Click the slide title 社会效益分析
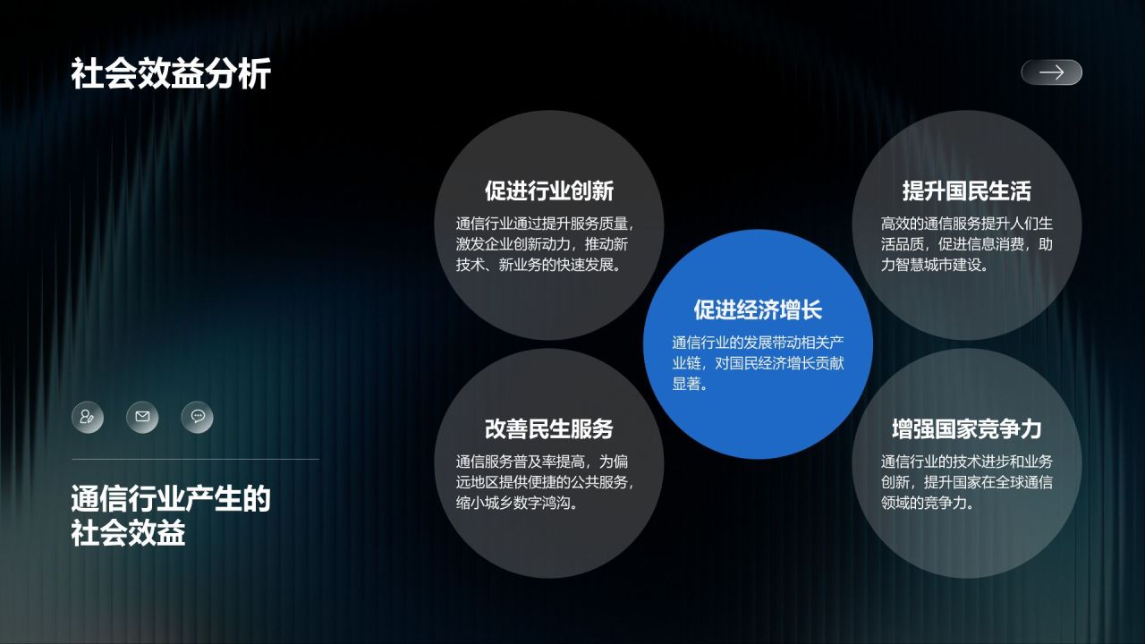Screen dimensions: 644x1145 [x=170, y=75]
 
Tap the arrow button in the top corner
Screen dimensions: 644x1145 [x=1051, y=72]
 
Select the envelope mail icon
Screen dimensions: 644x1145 [x=142, y=417]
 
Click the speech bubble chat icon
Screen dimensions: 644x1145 [x=197, y=417]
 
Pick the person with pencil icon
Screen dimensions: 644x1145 [x=88, y=417]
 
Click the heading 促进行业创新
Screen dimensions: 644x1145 [x=548, y=191]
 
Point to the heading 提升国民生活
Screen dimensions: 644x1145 [x=966, y=191]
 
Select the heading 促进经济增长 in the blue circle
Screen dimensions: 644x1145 [x=758, y=310]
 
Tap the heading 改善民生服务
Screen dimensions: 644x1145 [x=548, y=429]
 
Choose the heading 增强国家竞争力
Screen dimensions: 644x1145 [x=966, y=429]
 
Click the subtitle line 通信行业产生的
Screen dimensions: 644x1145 [x=170, y=499]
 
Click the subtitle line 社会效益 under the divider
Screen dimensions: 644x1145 [x=128, y=534]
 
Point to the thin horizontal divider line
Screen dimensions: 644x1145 [x=195, y=460]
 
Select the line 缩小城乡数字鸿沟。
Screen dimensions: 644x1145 [x=516, y=503]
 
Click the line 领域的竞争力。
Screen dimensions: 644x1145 [x=928, y=503]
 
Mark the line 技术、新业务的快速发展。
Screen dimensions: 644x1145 [x=539, y=265]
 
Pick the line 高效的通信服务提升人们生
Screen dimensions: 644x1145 [x=966, y=224]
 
